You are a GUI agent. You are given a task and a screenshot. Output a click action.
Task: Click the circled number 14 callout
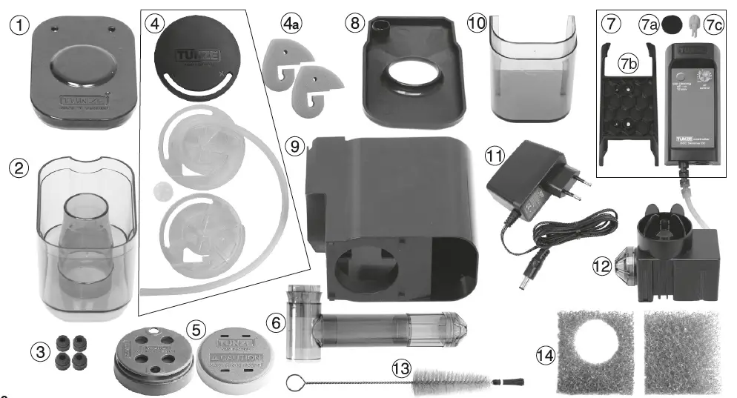click(x=545, y=356)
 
